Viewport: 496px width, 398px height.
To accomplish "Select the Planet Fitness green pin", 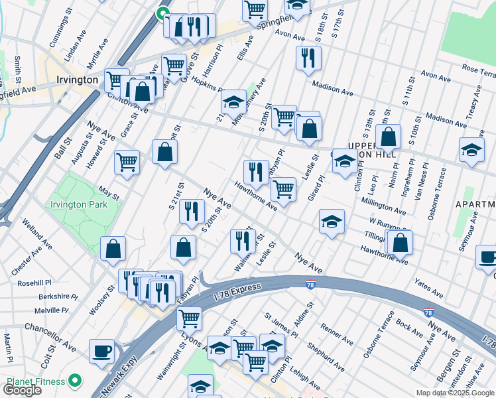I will (75, 381).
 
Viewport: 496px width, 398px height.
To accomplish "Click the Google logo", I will (23, 390).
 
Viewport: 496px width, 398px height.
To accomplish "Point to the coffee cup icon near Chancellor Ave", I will (101, 352).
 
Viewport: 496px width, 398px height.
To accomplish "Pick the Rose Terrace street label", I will (479, 70).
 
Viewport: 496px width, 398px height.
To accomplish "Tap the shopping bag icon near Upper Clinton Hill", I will (388, 137).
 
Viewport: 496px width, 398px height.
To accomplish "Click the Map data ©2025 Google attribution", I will (456, 393).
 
